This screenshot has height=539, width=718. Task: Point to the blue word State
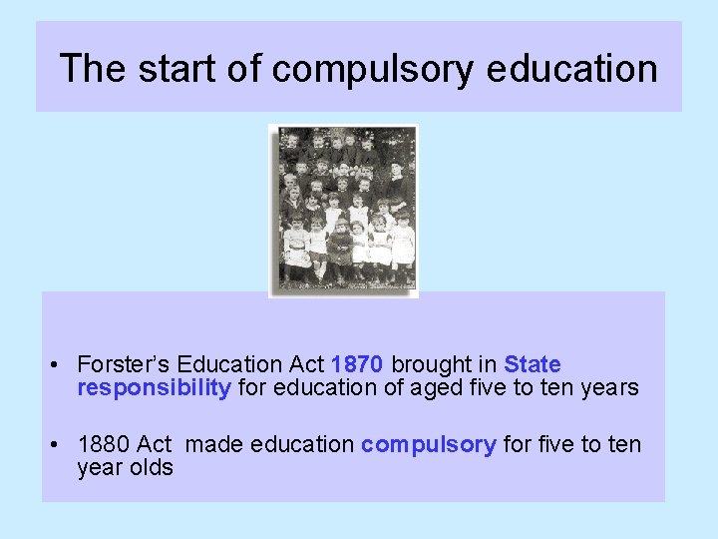click(533, 364)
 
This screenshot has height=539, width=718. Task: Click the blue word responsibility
click(154, 388)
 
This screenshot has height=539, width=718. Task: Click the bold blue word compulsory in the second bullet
click(428, 444)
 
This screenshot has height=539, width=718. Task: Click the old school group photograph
click(344, 210)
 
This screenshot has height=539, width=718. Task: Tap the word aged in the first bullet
click(434, 388)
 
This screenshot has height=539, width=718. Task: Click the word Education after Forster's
click(228, 364)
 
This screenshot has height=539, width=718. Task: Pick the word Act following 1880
click(155, 444)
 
